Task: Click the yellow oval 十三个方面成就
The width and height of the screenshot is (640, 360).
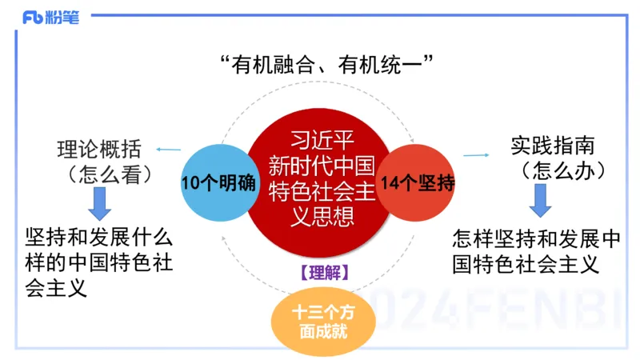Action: click(320, 321)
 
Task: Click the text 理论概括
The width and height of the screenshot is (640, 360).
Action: click(100, 149)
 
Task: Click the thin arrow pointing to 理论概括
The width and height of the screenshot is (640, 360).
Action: click(168, 150)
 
